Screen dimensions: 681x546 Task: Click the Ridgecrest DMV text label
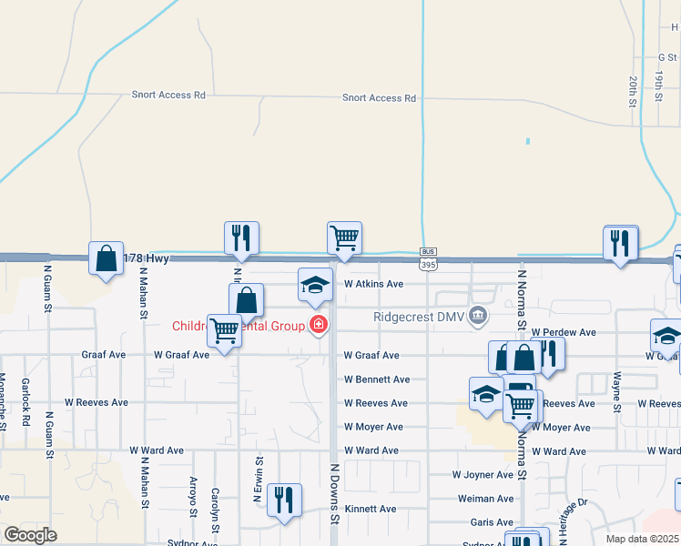(x=419, y=318)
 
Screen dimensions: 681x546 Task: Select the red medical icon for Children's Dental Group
(x=319, y=324)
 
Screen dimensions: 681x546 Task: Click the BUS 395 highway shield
(x=426, y=258)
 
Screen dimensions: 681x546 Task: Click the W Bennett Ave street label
(x=376, y=379)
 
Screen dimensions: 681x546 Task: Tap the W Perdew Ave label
(x=564, y=333)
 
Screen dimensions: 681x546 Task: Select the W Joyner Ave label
(x=483, y=475)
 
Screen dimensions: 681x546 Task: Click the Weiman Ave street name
(x=485, y=499)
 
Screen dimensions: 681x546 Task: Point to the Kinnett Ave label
(x=371, y=510)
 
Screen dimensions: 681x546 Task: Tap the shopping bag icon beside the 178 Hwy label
(x=107, y=258)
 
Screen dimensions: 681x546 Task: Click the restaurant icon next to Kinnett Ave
(x=285, y=500)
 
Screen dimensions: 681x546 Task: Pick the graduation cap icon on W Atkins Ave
(x=316, y=285)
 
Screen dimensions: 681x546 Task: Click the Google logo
(x=31, y=535)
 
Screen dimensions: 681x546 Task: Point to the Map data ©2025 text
(x=643, y=539)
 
